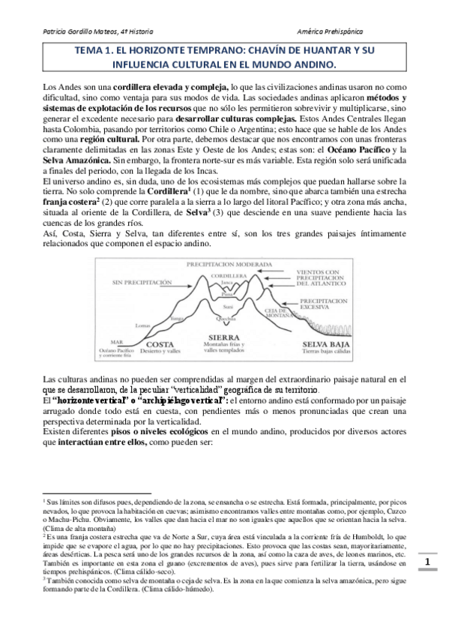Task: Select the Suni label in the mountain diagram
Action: [229, 306]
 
